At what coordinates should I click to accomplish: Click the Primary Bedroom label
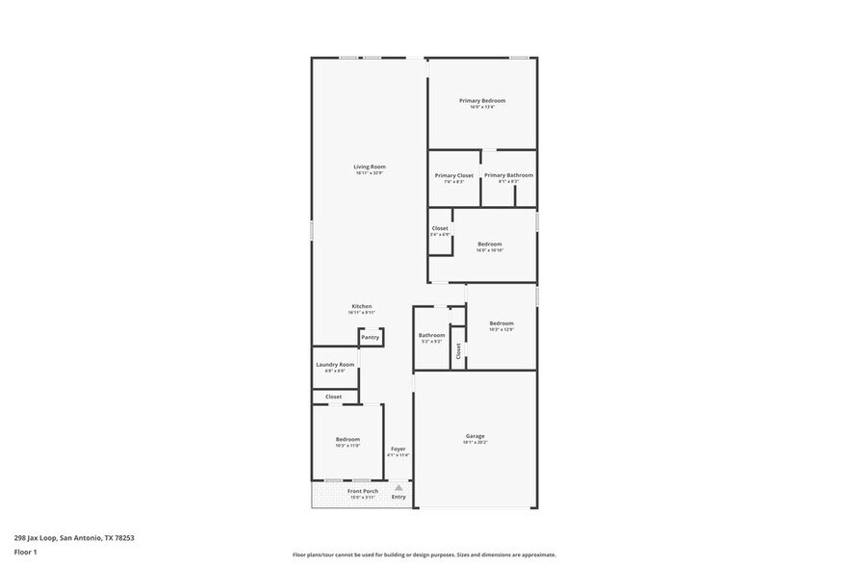click(481, 100)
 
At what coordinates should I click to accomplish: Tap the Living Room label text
click(370, 167)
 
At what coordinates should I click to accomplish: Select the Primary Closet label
click(453, 175)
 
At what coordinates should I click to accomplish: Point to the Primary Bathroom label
click(508, 175)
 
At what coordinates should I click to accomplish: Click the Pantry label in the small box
click(371, 338)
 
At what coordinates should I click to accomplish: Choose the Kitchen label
click(361, 306)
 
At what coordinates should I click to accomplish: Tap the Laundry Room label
click(335, 365)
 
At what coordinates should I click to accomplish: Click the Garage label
click(476, 436)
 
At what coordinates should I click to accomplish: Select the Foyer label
click(398, 450)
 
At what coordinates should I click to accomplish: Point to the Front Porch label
click(362, 491)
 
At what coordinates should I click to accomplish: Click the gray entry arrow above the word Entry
click(399, 488)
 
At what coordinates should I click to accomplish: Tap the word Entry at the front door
click(399, 497)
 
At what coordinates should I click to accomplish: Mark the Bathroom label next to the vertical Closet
click(431, 335)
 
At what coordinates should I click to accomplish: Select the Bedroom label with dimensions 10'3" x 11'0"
click(347, 439)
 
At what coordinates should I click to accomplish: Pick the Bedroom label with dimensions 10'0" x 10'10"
click(490, 244)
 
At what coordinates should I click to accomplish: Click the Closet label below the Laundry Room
click(333, 397)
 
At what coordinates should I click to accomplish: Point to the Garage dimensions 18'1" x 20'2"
click(476, 443)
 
